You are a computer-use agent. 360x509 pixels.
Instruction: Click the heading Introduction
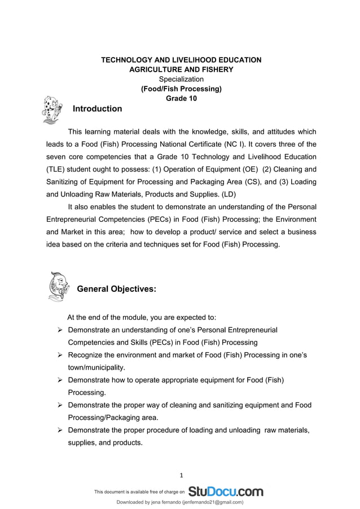[98, 109]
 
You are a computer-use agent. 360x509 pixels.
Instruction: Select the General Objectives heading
[116, 289]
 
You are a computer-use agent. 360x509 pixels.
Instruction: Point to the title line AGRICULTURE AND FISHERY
[181, 69]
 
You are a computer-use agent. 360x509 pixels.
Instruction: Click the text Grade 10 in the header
[181, 98]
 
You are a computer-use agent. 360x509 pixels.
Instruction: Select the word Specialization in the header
[181, 79]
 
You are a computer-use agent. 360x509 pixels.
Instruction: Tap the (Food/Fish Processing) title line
[181, 89]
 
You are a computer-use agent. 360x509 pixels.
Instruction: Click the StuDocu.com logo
[226, 492]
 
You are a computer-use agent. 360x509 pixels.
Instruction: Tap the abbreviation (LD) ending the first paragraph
[229, 194]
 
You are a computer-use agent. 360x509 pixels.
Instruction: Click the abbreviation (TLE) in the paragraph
[57, 169]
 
